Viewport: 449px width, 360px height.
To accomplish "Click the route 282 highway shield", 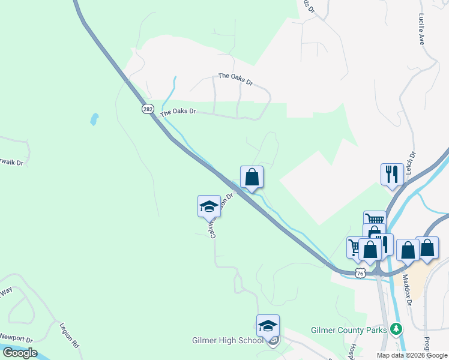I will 148,109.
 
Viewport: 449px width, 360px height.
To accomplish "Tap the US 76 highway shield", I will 360,273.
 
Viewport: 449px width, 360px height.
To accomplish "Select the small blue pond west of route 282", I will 94,119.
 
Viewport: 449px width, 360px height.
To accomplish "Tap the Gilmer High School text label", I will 227,341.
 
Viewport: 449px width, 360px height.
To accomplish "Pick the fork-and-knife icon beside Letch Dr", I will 392,174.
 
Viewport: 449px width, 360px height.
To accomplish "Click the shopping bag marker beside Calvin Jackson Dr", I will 252,177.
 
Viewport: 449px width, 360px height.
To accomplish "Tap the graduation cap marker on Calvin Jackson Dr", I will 209,206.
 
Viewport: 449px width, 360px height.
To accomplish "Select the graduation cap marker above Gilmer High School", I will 268,326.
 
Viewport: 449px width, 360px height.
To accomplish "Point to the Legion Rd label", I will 70,337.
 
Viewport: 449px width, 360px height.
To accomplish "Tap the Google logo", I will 20,353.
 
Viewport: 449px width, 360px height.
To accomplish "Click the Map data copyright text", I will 412,355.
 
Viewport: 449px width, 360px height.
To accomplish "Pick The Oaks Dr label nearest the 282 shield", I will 178,112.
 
